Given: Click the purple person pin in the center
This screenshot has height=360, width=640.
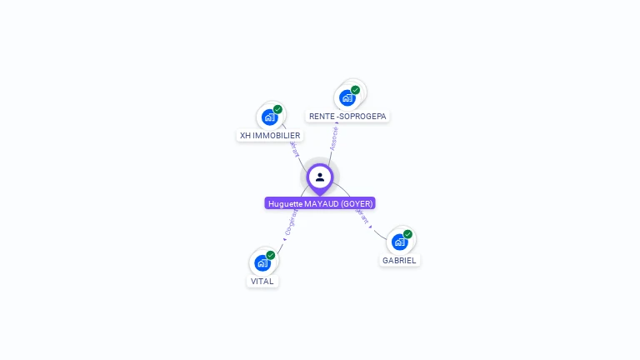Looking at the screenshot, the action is click(x=320, y=177).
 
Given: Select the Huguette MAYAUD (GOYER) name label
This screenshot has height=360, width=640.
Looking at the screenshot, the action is click(x=320, y=203).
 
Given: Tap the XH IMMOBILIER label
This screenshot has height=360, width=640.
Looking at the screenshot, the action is click(x=270, y=135).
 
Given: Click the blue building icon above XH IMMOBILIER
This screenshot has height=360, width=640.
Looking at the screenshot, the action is click(x=268, y=117).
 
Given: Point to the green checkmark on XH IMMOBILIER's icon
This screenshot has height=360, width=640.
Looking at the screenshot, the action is click(x=277, y=109).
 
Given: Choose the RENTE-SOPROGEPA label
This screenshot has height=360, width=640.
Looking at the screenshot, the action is click(x=347, y=116).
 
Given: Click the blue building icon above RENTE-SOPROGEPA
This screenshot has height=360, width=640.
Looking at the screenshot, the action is click(x=347, y=97).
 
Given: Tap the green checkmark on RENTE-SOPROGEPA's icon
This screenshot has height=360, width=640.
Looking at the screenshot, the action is click(x=356, y=90).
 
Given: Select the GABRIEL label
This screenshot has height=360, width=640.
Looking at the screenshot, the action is click(x=399, y=260).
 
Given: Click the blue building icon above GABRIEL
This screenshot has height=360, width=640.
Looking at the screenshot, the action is click(x=399, y=242).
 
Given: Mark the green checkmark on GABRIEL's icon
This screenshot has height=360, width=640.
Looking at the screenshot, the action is click(x=407, y=234).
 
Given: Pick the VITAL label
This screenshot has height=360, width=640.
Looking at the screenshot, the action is click(x=262, y=281).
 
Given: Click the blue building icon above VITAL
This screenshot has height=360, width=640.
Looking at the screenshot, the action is click(x=262, y=262).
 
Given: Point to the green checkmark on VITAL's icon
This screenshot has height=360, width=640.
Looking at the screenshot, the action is click(x=271, y=255).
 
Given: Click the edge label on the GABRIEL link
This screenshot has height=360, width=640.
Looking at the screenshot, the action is click(x=361, y=217).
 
